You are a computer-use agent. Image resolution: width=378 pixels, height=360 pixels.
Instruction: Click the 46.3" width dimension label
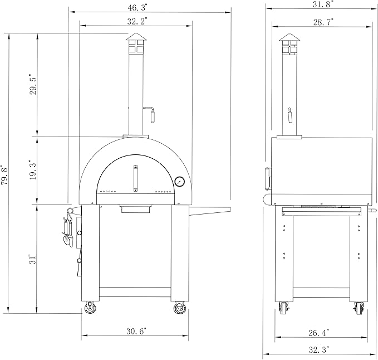click(138, 7)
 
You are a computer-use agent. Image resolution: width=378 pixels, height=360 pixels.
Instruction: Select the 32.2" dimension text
click(138, 21)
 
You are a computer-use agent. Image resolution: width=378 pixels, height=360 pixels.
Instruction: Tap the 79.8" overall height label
click(5, 175)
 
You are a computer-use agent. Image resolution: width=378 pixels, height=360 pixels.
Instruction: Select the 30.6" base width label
click(136, 331)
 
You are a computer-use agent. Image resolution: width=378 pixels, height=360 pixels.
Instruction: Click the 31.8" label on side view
click(323, 4)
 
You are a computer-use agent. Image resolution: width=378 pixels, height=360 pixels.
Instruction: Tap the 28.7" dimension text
click(323, 22)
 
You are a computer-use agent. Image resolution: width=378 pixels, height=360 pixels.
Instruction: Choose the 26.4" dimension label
click(318, 333)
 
